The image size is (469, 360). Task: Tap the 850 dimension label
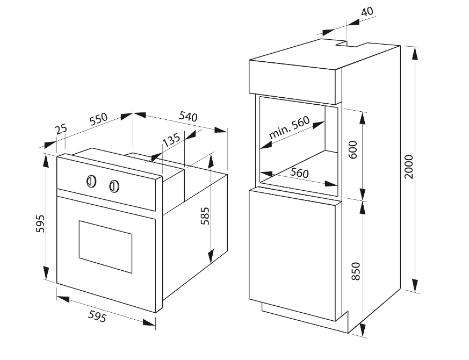click(356, 271)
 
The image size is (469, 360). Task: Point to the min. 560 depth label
click(289, 127)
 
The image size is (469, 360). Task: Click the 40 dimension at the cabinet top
click(367, 12)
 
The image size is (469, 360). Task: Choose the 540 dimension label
click(188, 116)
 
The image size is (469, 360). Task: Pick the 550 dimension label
click(98, 119)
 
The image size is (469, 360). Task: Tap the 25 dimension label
click(61, 129)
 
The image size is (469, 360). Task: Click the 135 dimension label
click(171, 140)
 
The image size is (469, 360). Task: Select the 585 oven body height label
click(205, 216)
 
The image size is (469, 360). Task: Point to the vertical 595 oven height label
click(40, 223)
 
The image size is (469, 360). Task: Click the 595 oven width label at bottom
click(97, 316)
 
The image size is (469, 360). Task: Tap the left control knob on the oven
click(91, 181)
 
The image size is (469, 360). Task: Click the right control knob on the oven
click(114, 186)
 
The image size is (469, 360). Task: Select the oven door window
click(105, 247)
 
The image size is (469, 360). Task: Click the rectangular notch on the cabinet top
click(349, 44)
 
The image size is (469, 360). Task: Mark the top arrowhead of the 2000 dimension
click(415, 54)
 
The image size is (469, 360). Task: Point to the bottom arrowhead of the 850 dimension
click(363, 330)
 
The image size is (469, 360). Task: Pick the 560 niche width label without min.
click(299, 173)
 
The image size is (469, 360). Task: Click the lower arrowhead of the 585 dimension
click(211, 256)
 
